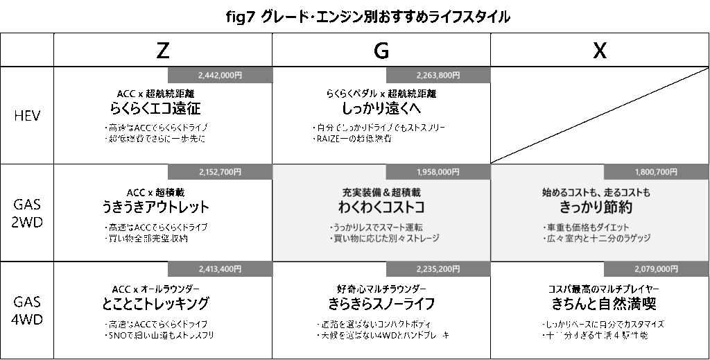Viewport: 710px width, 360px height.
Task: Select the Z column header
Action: [x=162, y=50]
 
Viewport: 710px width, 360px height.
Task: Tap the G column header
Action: [x=381, y=50]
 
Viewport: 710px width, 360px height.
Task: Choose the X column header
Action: [x=600, y=50]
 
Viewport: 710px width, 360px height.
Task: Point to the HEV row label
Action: [x=28, y=116]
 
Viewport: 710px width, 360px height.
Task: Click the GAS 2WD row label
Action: [x=28, y=213]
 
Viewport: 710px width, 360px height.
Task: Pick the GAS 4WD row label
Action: [x=28, y=311]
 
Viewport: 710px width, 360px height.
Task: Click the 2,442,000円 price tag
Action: [x=220, y=74]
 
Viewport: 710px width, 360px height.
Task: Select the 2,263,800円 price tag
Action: [x=438, y=74]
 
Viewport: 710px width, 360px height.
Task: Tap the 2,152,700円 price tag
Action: [x=220, y=172]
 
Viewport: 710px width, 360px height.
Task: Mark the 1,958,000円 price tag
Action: [x=438, y=172]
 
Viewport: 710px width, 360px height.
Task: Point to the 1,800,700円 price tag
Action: [x=656, y=172]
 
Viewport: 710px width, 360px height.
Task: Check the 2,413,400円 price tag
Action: [x=220, y=269]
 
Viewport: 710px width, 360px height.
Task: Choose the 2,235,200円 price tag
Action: [x=438, y=269]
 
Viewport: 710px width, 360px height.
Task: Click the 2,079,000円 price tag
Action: [x=656, y=269]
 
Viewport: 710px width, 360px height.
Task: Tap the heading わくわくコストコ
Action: [x=381, y=207]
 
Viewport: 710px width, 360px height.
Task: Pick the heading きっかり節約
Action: [x=599, y=207]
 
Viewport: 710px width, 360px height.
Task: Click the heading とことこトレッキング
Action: [x=155, y=304]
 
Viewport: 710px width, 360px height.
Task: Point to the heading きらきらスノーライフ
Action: [x=381, y=304]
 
